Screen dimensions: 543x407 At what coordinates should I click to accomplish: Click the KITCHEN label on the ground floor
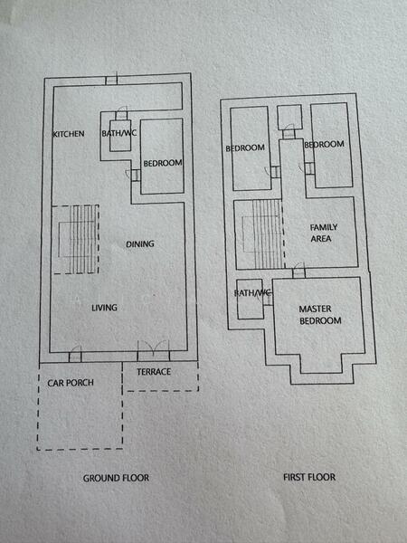click(69, 134)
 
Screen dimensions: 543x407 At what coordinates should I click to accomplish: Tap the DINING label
click(139, 244)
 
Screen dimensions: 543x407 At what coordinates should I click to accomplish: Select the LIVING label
click(104, 308)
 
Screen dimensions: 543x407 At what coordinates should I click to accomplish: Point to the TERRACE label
click(154, 372)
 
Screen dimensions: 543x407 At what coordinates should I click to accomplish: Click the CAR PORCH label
click(71, 383)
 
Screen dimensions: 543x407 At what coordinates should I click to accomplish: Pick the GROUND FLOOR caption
click(116, 477)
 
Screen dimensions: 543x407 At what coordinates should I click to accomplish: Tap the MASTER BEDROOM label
click(320, 315)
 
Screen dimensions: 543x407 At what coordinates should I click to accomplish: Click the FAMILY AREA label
click(321, 233)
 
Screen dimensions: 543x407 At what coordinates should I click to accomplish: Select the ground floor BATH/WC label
click(118, 134)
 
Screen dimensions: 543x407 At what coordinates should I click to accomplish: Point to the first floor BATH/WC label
click(252, 293)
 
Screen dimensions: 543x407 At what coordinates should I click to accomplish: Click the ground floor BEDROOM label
click(163, 163)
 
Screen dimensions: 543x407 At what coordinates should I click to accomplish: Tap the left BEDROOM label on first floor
click(245, 148)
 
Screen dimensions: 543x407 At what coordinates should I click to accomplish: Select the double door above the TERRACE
click(152, 349)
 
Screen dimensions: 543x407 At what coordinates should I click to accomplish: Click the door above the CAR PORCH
click(75, 353)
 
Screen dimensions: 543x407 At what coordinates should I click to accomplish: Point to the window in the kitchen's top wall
click(110, 80)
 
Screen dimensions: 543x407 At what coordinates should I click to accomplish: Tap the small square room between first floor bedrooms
click(289, 117)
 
